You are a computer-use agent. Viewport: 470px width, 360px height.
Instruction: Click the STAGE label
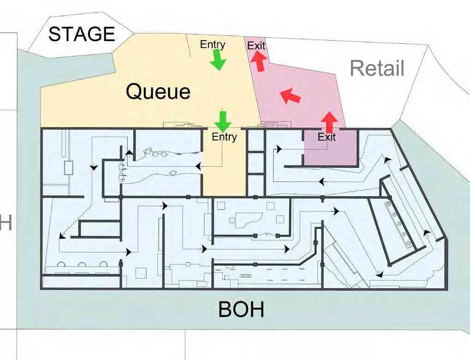82,34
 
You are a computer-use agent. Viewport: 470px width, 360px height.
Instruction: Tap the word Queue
158,91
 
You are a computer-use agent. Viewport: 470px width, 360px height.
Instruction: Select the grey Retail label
377,68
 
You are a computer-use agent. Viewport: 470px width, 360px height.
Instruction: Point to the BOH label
241,310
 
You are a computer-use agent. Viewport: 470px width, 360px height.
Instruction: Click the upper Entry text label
213,44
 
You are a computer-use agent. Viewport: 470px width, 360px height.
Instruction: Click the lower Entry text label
224,137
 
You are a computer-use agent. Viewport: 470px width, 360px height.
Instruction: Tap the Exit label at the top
256,45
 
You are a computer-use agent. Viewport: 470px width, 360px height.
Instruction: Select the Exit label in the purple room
327,137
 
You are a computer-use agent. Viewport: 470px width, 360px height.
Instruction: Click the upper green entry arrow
217,60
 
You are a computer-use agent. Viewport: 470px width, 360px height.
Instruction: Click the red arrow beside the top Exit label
260,61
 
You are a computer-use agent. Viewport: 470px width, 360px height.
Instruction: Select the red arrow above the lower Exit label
329,121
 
